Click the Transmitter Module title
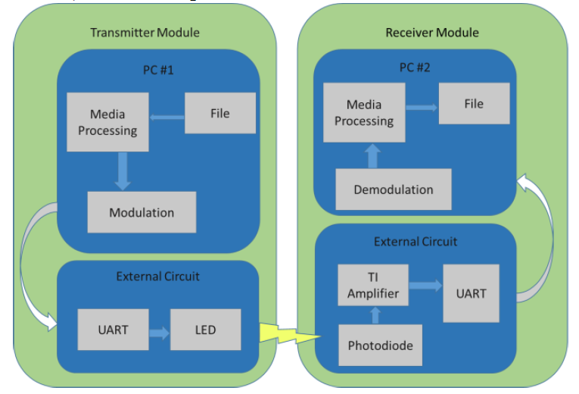pyautogui.click(x=145, y=33)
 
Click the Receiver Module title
pyautogui.click(x=432, y=33)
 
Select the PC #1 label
pyautogui.click(x=158, y=70)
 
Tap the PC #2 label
pyautogui.click(x=415, y=67)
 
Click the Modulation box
pyautogui.click(x=142, y=212)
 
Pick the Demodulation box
pyautogui.click(x=394, y=189)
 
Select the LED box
pyautogui.click(x=205, y=330)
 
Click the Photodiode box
pyautogui.click(x=381, y=346)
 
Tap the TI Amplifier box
pyautogui.click(x=373, y=285)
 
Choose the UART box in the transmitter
pyautogui.click(x=113, y=330)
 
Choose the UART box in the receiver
pyautogui.click(x=472, y=293)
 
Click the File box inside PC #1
pyautogui.click(x=220, y=113)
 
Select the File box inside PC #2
pyautogui.click(x=474, y=104)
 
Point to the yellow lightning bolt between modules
pyautogui.click(x=290, y=333)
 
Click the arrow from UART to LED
pyautogui.click(x=159, y=333)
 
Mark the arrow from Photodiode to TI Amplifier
pyautogui.click(x=375, y=315)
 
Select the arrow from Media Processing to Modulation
pyautogui.click(x=123, y=171)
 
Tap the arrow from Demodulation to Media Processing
pyautogui.click(x=372, y=155)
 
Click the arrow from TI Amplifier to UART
pyautogui.click(x=425, y=286)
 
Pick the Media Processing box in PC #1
pyautogui.click(x=107, y=122)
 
